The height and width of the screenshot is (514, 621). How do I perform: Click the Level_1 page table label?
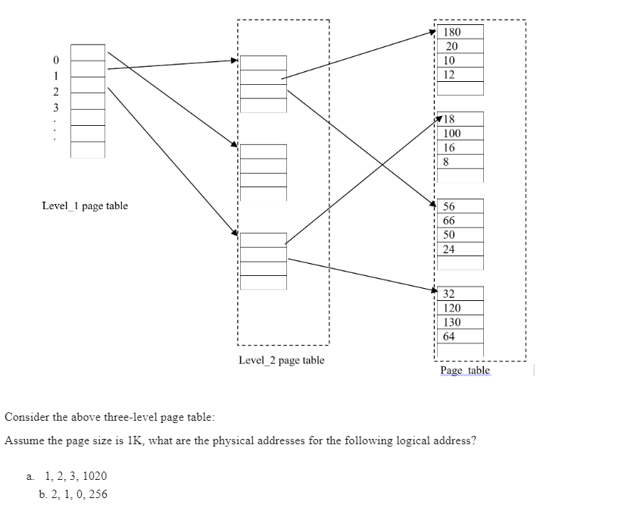[85, 206]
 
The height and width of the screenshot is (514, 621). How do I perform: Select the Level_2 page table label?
[281, 360]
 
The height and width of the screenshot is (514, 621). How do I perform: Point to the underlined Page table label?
[465, 371]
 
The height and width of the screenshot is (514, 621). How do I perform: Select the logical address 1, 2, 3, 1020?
[76, 476]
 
